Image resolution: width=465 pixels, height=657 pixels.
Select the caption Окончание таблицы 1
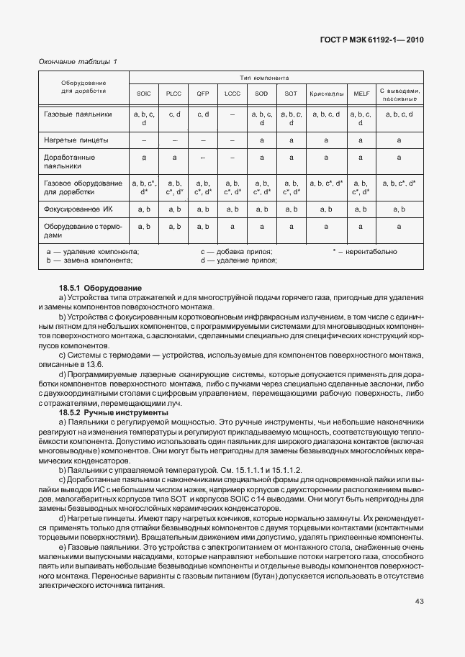click(x=77, y=61)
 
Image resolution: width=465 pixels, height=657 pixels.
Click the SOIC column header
click(x=144, y=94)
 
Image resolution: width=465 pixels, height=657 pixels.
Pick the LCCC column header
click(x=232, y=94)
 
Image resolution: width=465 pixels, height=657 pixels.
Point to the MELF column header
click(x=361, y=94)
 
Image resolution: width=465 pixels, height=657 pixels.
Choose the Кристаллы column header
click(x=326, y=94)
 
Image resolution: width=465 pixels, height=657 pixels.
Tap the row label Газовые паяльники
click(x=78, y=114)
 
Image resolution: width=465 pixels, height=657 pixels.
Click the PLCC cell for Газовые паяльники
click(x=173, y=114)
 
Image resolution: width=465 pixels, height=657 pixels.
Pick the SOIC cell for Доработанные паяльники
click(x=144, y=157)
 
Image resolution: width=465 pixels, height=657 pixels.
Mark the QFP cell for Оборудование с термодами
click(x=203, y=227)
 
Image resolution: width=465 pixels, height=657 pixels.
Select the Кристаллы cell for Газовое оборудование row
click(x=326, y=183)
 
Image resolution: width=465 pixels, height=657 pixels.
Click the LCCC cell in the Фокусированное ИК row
click(x=232, y=209)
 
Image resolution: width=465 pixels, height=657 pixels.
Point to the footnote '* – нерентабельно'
click(x=364, y=252)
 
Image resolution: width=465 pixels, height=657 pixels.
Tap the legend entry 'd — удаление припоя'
click(x=238, y=260)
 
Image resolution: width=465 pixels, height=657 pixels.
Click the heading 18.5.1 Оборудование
click(x=101, y=288)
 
